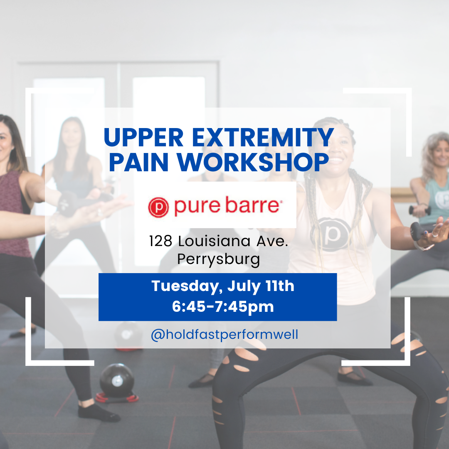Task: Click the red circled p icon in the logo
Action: tap(159, 207)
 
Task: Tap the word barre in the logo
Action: tap(253, 206)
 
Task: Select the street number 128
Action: tap(160, 241)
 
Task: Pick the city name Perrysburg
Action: tap(219, 259)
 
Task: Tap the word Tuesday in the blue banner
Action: tap(181, 286)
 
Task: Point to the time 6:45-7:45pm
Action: tap(223, 307)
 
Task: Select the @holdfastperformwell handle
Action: tap(224, 335)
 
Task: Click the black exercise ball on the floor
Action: tap(117, 380)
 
